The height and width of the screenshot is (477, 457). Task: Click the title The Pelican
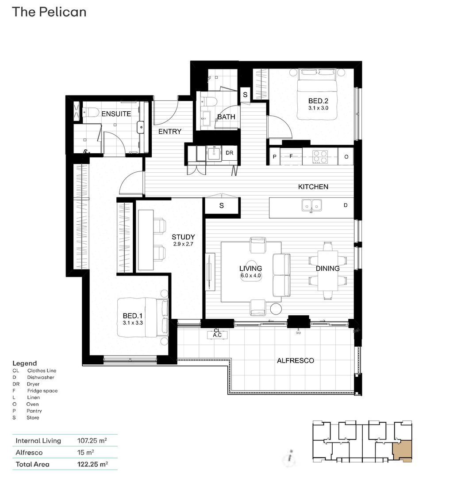(x=49, y=12)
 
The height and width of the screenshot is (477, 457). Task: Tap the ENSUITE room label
(x=116, y=114)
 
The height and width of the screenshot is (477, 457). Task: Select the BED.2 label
(x=319, y=101)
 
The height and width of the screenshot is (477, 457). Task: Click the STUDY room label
(x=183, y=237)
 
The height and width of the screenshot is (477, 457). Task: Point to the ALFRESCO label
(x=295, y=361)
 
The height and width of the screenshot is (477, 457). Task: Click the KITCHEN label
(x=313, y=187)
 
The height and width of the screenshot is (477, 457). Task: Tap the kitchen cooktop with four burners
(x=320, y=156)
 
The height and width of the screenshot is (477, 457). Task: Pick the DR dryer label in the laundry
(x=229, y=153)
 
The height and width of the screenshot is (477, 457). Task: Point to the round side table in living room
(x=276, y=309)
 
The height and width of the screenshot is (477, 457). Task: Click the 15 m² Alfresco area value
(x=85, y=453)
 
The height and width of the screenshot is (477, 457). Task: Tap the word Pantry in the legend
(x=35, y=411)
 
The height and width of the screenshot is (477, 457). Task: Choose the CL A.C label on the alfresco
(x=217, y=333)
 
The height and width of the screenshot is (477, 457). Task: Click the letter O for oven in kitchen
(x=346, y=157)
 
